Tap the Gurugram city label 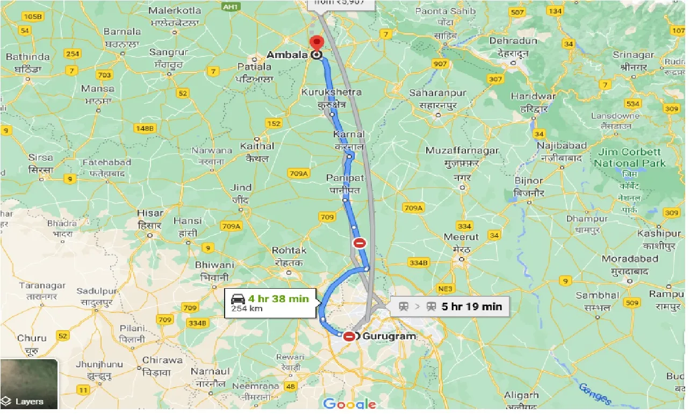[389, 337]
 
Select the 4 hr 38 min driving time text [278, 298]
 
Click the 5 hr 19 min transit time [471, 306]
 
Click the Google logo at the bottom [349, 404]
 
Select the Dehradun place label [514, 41]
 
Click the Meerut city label [461, 237]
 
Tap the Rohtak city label [289, 251]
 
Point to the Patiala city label [254, 67]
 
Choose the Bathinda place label [28, 57]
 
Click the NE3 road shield [445, 288]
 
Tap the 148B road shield [145, 128]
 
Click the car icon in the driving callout [238, 298]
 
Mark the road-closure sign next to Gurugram [349, 337]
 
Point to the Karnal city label [349, 134]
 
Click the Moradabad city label [630, 259]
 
